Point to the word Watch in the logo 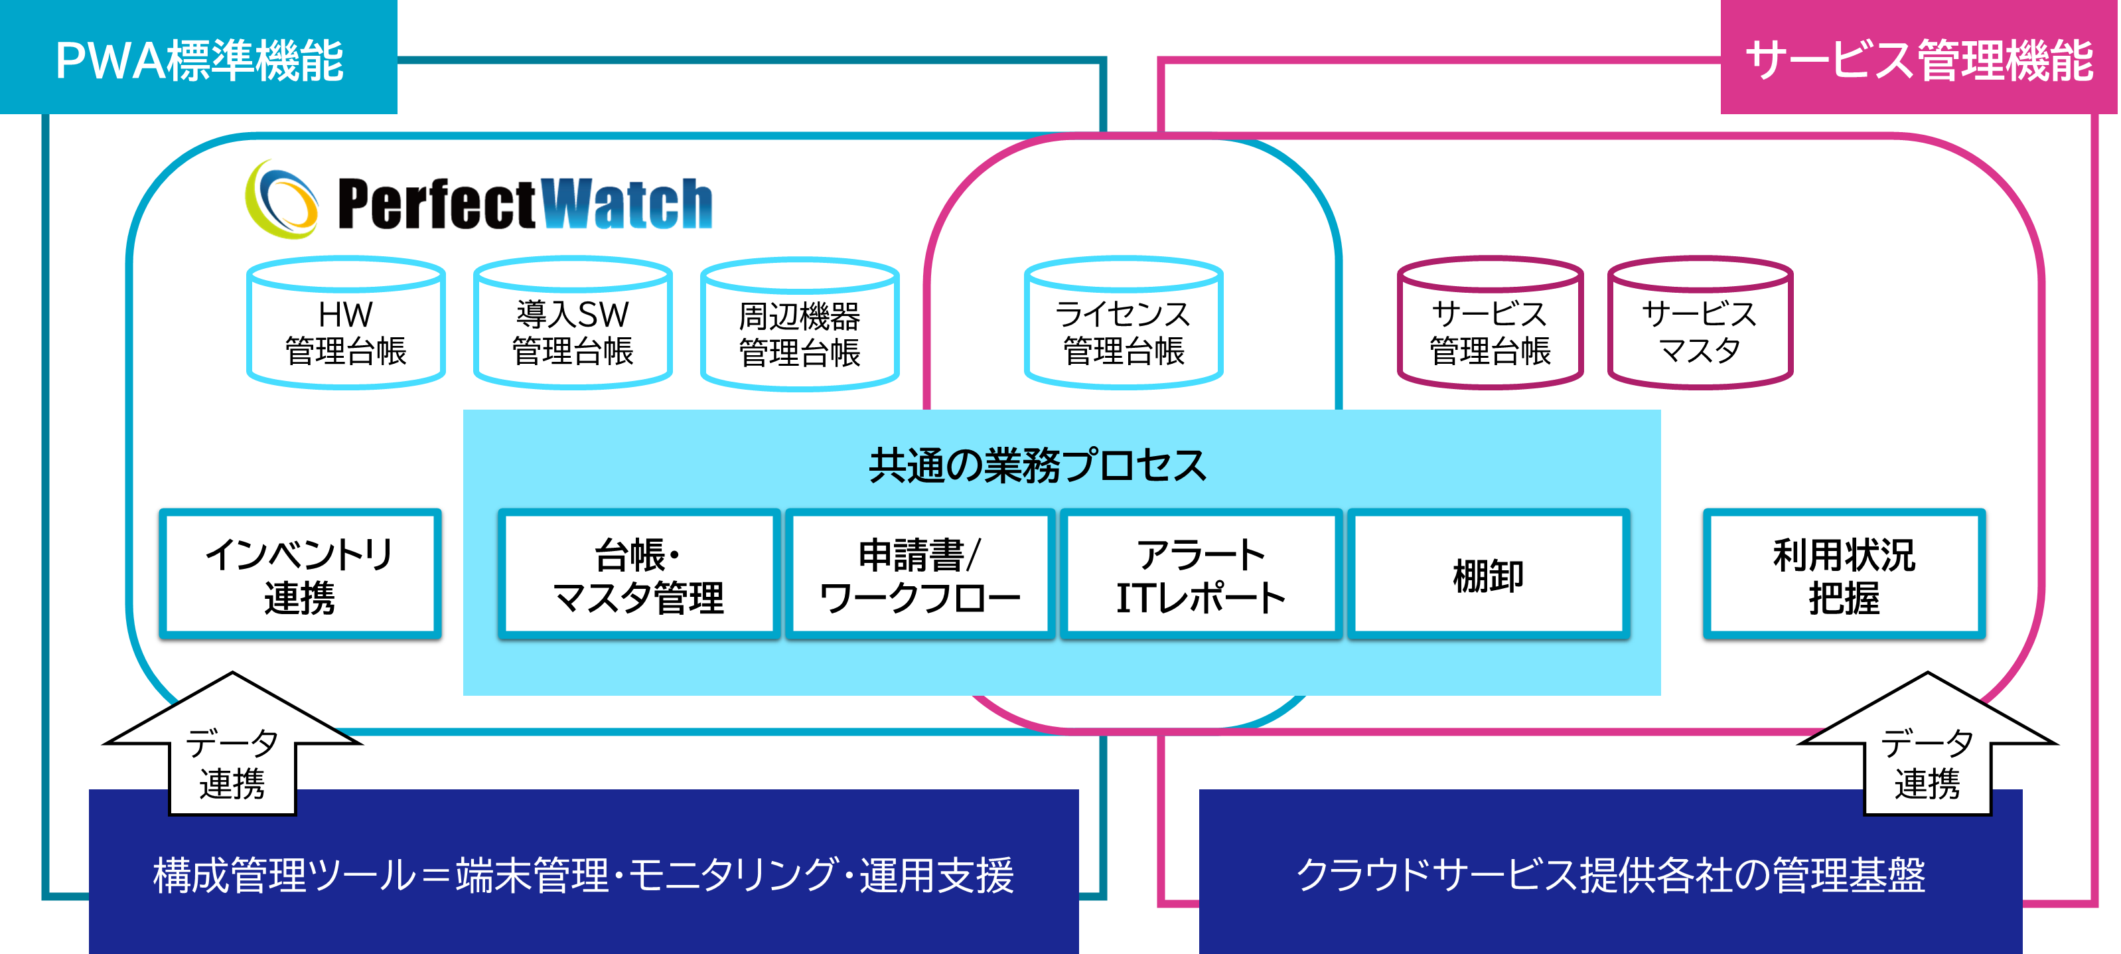point(627,204)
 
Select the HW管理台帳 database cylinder point(346,325)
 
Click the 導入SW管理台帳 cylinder point(573,325)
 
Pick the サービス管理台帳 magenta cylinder point(1489,325)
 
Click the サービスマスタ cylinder point(1700,325)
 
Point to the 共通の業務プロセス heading point(1037,466)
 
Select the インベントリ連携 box point(300,574)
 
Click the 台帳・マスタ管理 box point(639,574)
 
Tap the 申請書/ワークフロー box point(920,574)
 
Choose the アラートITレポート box point(1201,574)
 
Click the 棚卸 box point(1489,574)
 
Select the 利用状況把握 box point(1844,574)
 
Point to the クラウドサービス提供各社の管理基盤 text point(1611,875)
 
